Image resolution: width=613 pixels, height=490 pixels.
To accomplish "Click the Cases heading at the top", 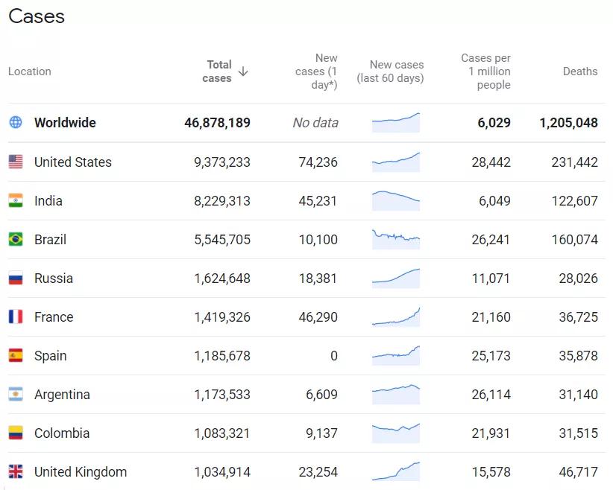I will pyautogui.click(x=37, y=16).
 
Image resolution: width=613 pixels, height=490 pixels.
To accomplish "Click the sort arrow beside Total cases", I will pyautogui.click(x=243, y=71).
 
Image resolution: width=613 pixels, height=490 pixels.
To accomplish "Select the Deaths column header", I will pyautogui.click(x=579, y=71).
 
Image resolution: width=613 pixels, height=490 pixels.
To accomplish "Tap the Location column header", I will pyautogui.click(x=30, y=71).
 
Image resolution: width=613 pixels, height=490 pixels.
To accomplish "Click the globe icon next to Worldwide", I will pyautogui.click(x=16, y=122).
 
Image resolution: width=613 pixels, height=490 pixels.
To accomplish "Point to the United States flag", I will pyautogui.click(x=16, y=162).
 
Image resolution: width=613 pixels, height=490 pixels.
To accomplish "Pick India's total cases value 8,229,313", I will pyautogui.click(x=222, y=201).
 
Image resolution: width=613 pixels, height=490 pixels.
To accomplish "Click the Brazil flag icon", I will pyautogui.click(x=16, y=240).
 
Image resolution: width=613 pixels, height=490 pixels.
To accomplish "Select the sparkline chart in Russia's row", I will pyautogui.click(x=396, y=277).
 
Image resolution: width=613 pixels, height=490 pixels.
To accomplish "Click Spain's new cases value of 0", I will pyautogui.click(x=334, y=356).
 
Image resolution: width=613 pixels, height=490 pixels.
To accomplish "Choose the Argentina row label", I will pyautogui.click(x=62, y=395).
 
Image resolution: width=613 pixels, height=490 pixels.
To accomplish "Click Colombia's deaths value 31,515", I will pyautogui.click(x=578, y=433).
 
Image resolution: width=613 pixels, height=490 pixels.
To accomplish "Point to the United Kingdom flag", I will pyautogui.click(x=16, y=472).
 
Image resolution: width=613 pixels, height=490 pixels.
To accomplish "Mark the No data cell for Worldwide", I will pyautogui.click(x=315, y=123).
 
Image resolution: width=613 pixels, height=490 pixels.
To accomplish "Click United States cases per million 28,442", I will pyautogui.click(x=491, y=162).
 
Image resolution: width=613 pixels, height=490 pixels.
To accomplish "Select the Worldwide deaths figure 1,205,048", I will pyautogui.click(x=568, y=123).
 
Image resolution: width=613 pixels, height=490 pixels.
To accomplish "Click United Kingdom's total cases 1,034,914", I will pyautogui.click(x=222, y=472).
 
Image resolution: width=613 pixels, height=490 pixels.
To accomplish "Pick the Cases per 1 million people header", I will pyautogui.click(x=486, y=71).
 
